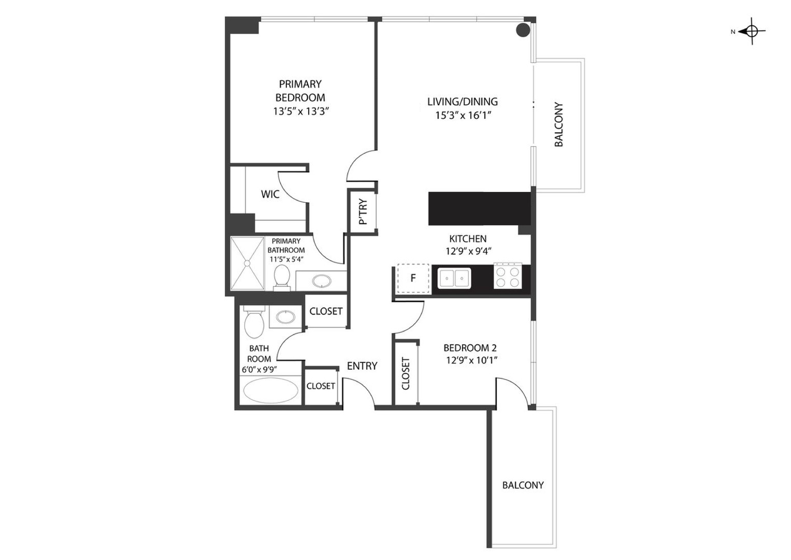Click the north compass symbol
(752, 31)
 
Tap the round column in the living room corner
(523, 30)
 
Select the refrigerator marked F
(413, 278)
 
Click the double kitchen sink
(454, 278)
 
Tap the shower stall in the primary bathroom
(247, 264)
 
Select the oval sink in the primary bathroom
(322, 282)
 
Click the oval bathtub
(271, 390)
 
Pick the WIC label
(270, 194)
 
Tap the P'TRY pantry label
(363, 212)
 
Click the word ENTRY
(362, 366)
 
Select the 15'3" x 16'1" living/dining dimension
(463, 116)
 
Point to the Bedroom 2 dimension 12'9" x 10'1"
(472, 360)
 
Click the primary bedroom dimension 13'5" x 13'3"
(301, 111)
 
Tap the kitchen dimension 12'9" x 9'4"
(469, 251)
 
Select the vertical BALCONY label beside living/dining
(558, 124)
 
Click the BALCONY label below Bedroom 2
(523, 485)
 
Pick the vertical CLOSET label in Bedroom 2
(406, 374)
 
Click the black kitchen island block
(480, 208)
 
